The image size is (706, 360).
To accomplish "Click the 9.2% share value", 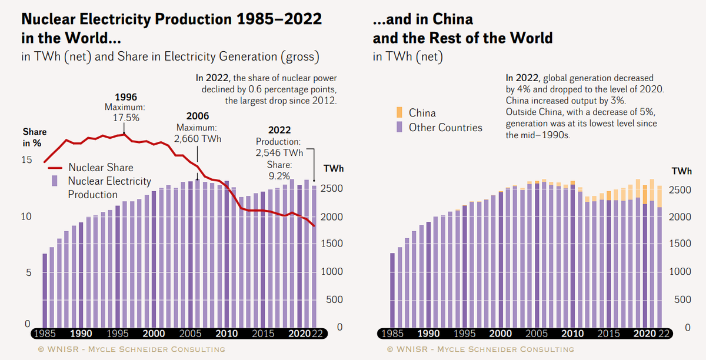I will click(279, 175).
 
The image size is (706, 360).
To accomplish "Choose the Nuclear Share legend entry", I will click(101, 168).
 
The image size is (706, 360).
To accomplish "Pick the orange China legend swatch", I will click(399, 112).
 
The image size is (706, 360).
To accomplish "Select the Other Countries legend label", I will click(445, 127).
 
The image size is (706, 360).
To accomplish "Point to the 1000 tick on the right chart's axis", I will click(681, 272).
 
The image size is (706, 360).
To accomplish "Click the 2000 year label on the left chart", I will click(154, 334).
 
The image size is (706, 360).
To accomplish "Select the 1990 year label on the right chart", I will click(428, 334).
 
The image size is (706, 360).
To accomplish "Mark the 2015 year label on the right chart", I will click(608, 334).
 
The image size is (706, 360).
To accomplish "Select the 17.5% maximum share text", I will click(126, 117).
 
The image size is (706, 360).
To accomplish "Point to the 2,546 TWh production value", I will click(279, 153).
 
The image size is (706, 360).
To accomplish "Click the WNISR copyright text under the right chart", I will click(480, 349).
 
